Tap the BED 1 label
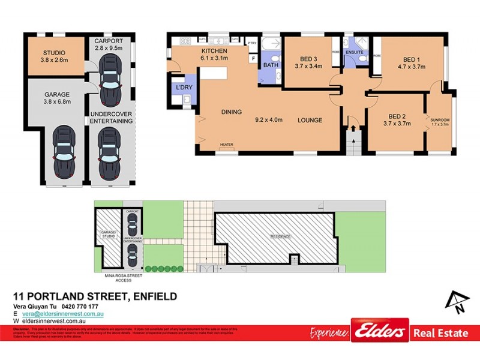pyautogui.click(x=410, y=59)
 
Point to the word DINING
pyautogui.click(x=232, y=112)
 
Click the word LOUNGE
pyautogui.click(x=310, y=120)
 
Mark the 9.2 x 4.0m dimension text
pyautogui.click(x=268, y=120)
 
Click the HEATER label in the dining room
pyautogui.click(x=226, y=145)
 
